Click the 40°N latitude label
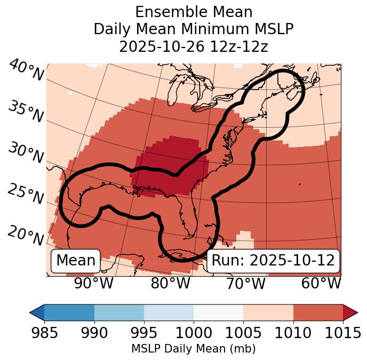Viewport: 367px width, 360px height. [x=26, y=71]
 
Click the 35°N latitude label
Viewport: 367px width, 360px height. [x=25, y=112]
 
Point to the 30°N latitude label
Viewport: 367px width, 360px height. [x=25, y=153]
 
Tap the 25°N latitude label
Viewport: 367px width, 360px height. [x=25, y=194]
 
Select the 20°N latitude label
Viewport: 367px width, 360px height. [x=25, y=235]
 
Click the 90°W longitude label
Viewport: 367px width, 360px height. [x=93, y=284]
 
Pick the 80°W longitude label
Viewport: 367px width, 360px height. [x=170, y=284]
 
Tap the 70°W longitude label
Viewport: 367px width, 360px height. [x=245, y=284]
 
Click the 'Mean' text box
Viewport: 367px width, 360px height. [x=76, y=261]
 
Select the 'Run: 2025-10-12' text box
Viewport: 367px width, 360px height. [x=273, y=261]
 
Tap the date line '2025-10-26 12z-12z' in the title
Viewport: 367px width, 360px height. [x=194, y=46]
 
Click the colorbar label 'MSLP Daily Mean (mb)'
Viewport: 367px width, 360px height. [x=194, y=349]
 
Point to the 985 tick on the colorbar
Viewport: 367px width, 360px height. [x=45, y=333]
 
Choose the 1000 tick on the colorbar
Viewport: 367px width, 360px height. [x=194, y=333]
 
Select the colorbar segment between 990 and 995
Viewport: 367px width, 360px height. [x=119, y=312]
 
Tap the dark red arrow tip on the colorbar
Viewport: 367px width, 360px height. [x=350, y=312]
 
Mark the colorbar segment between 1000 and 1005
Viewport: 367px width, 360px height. [x=218, y=312]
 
